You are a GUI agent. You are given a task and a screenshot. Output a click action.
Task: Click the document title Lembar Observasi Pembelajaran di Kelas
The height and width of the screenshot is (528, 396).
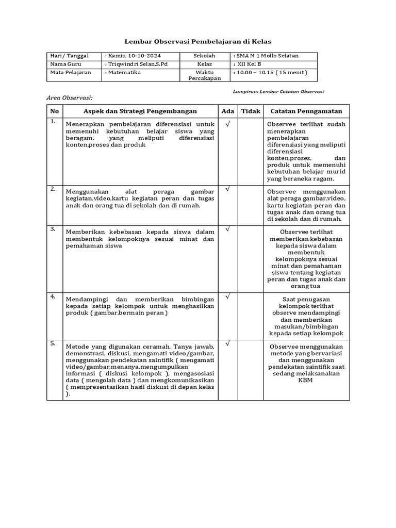(198, 41)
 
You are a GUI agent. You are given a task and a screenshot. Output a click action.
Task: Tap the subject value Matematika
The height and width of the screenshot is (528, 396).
(124, 73)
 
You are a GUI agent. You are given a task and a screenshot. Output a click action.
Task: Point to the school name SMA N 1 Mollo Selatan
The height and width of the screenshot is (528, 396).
(267, 56)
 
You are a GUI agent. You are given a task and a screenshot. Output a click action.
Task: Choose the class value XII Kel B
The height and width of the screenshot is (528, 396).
(249, 64)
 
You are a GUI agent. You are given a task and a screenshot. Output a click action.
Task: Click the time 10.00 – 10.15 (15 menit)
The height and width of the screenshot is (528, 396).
(271, 73)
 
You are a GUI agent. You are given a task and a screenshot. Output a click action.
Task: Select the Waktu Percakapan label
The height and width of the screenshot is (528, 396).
(205, 75)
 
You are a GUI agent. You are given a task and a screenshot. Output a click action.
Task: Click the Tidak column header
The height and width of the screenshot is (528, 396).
(251, 111)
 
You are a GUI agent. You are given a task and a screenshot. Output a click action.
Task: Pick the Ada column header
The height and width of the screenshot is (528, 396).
(227, 111)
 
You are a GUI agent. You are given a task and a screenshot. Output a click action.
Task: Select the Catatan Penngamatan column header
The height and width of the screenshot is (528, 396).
(306, 111)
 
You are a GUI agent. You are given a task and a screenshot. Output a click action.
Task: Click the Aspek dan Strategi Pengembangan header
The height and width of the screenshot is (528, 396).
(140, 111)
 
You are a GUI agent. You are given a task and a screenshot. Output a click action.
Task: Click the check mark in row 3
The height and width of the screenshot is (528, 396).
(227, 228)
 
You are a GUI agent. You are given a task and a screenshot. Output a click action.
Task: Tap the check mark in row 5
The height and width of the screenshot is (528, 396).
(227, 343)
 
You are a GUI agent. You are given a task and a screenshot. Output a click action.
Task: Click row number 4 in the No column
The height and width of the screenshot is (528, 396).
(53, 296)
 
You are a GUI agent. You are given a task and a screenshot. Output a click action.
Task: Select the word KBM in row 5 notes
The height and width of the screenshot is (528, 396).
(306, 381)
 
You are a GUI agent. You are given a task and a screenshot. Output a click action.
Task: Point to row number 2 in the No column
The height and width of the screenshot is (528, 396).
(53, 189)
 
